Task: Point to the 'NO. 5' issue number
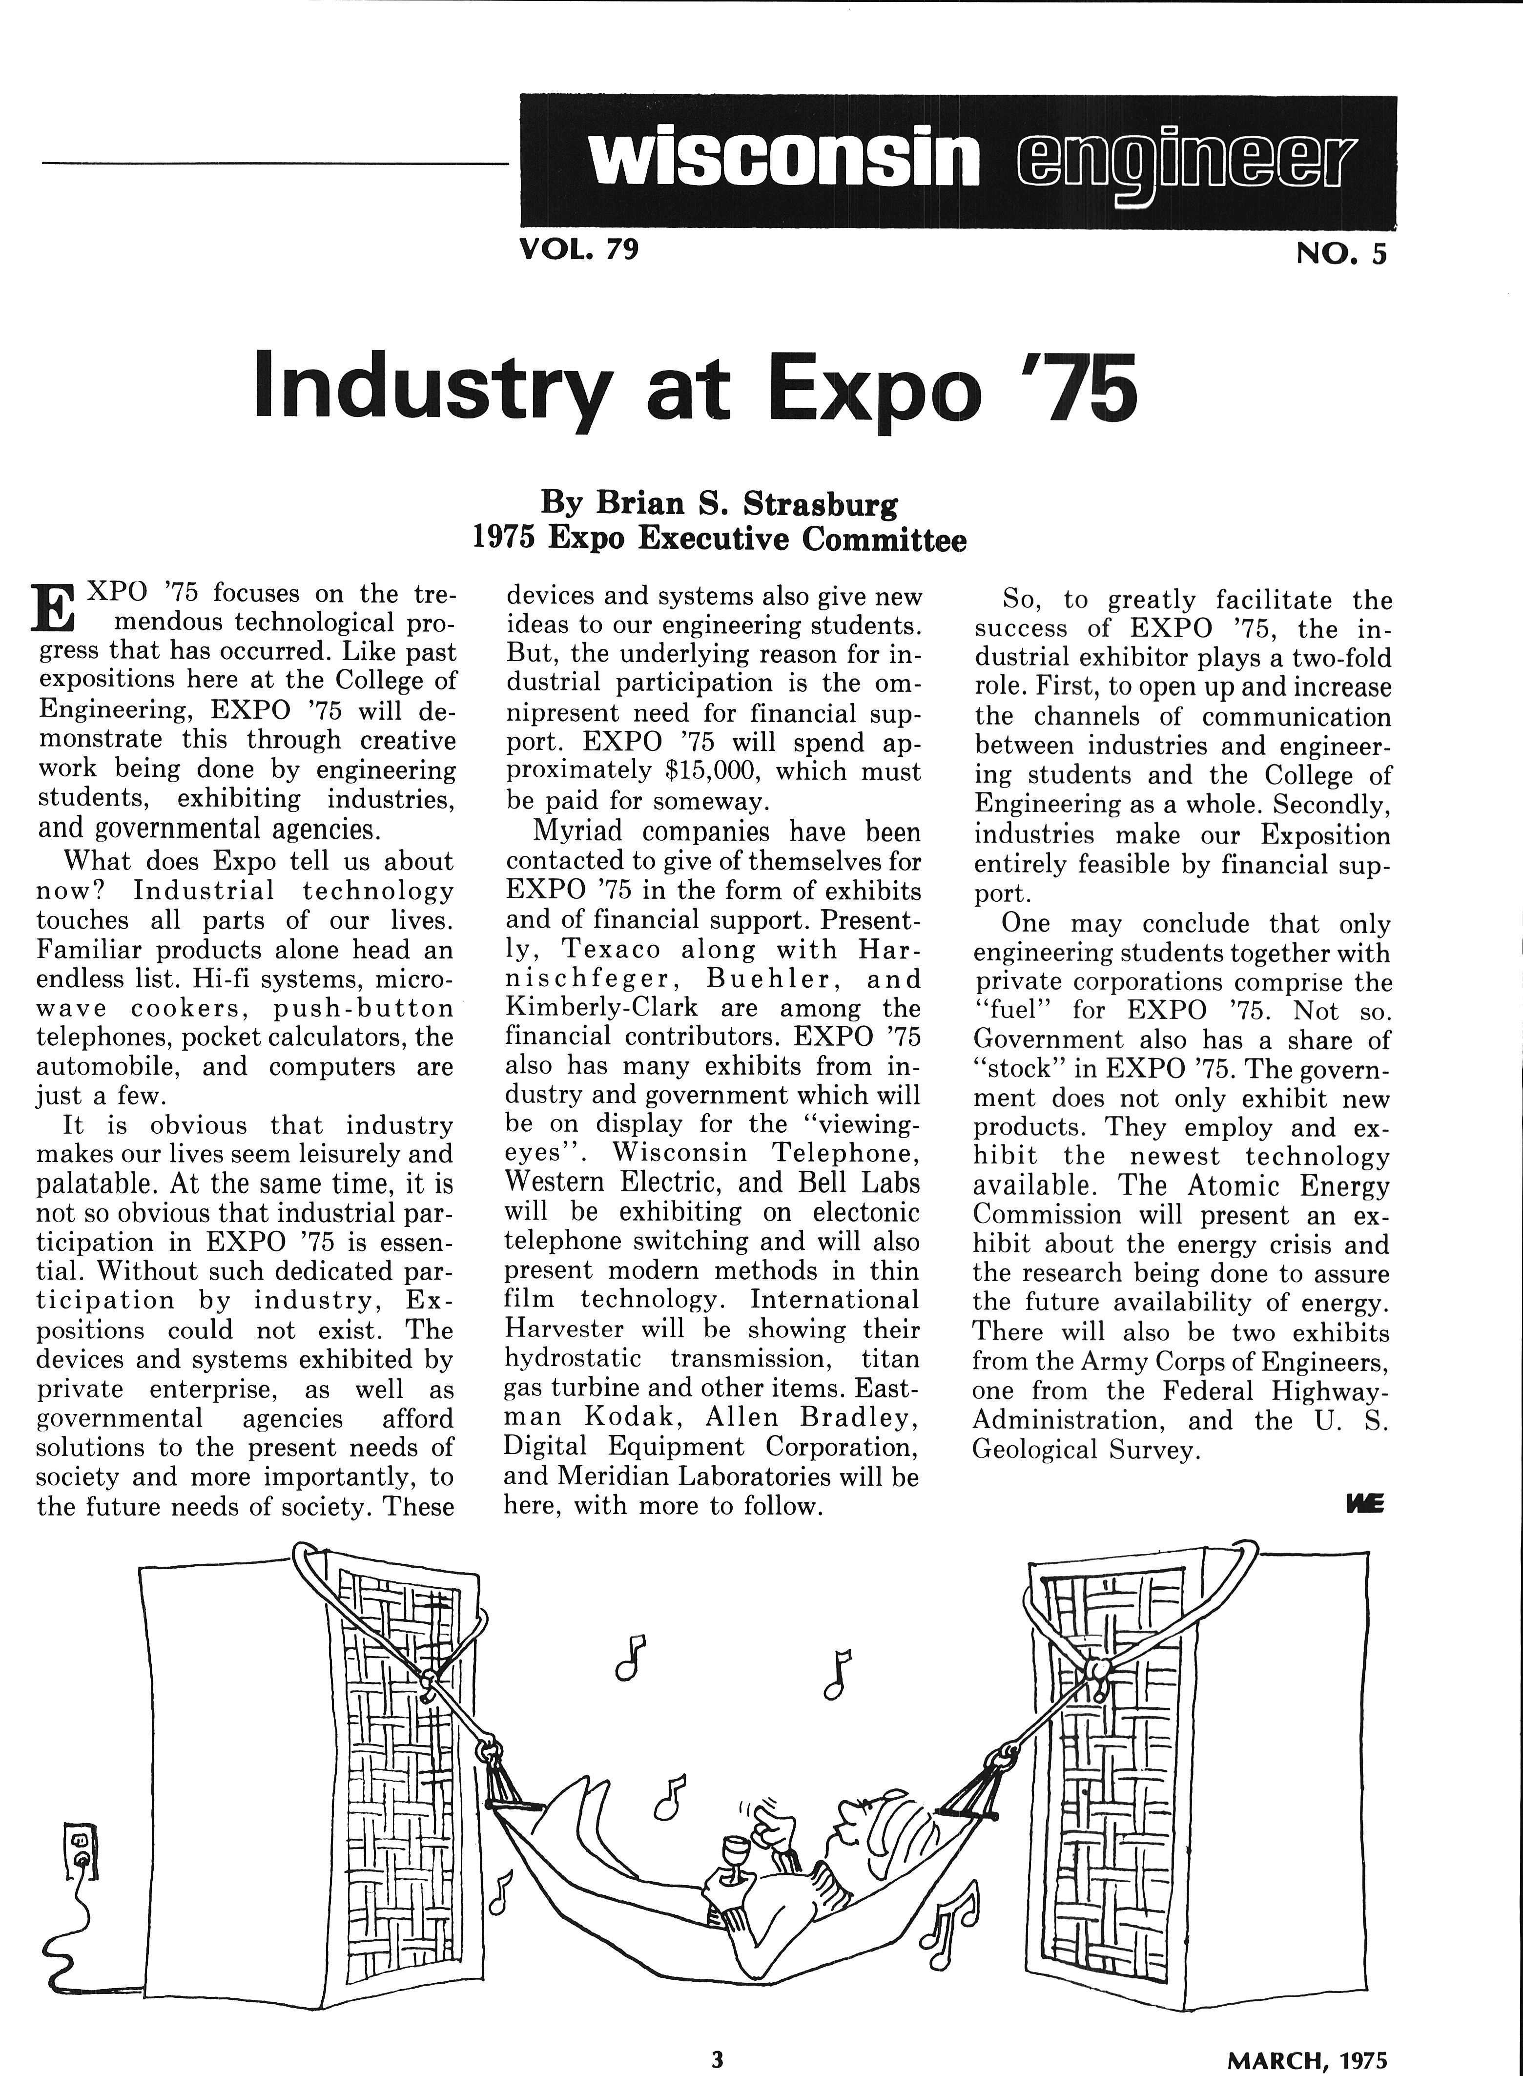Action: (1340, 253)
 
